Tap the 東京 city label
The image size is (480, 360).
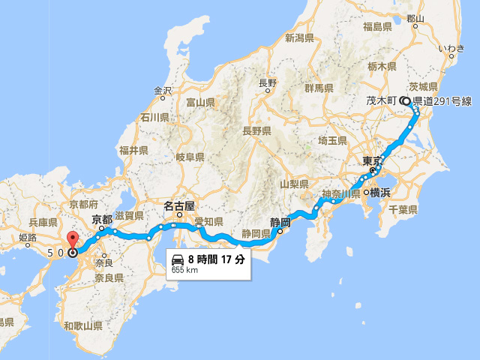pos(372,161)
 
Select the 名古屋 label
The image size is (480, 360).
pos(180,205)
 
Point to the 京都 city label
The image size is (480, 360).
pos(103,220)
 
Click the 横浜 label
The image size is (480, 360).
pos(380,193)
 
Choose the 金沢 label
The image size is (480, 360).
pos(164,91)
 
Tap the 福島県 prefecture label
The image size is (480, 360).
pos(378,27)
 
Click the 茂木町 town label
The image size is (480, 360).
pos(382,100)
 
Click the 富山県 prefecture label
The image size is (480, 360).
pos(201,102)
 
